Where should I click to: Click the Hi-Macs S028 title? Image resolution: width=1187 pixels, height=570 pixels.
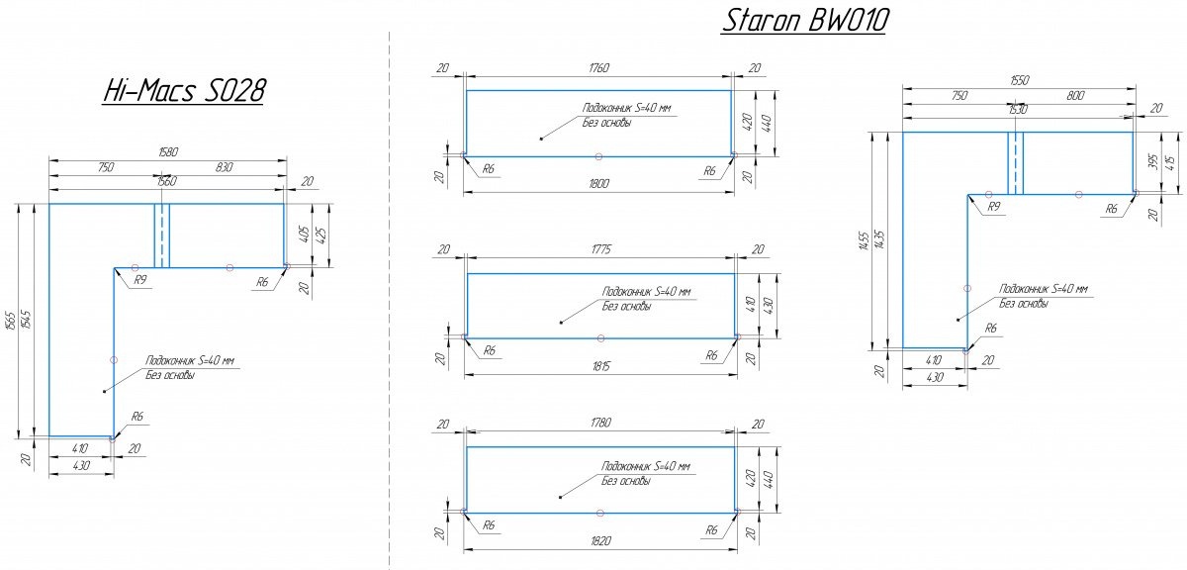[x=184, y=91]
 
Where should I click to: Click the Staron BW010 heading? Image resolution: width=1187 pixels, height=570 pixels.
[x=803, y=21]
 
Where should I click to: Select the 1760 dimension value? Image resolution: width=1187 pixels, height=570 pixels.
[x=598, y=67]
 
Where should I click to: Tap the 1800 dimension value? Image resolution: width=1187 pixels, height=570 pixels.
[x=598, y=183]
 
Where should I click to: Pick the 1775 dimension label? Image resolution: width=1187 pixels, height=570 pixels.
[x=599, y=249]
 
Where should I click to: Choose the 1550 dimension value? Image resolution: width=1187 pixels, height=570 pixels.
[x=1019, y=80]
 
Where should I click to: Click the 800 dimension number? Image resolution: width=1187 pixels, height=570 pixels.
[x=1076, y=96]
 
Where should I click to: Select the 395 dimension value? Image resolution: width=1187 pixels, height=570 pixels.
[x=1151, y=161]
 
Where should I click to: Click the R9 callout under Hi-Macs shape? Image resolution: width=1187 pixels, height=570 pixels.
[x=140, y=281]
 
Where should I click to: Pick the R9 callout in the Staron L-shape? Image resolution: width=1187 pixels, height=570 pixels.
[x=994, y=207]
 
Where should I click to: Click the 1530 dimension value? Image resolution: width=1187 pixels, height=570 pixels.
[x=1017, y=110]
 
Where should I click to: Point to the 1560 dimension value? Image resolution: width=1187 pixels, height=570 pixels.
[x=166, y=181]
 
